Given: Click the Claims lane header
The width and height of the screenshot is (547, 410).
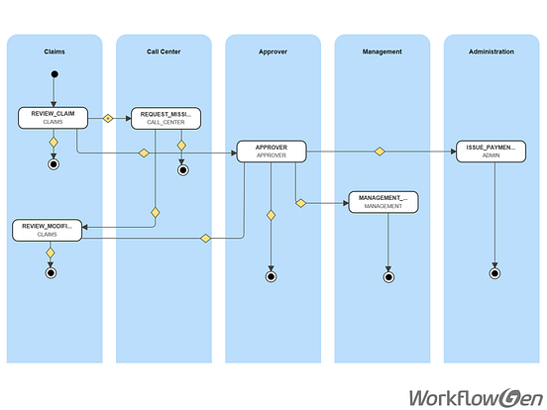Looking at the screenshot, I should pyautogui.click(x=55, y=51).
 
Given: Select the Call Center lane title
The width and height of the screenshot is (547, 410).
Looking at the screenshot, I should pyautogui.click(x=164, y=51).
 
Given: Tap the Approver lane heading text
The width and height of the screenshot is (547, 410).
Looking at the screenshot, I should pyautogui.click(x=273, y=51).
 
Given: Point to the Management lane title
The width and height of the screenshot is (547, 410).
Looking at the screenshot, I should pyautogui.click(x=382, y=51).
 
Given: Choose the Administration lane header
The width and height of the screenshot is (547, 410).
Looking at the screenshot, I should pyautogui.click(x=492, y=51).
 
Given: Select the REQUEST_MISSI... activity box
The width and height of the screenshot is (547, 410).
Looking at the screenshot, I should pyautogui.click(x=164, y=119).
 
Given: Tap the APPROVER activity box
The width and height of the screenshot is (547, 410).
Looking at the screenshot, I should pyautogui.click(x=272, y=152).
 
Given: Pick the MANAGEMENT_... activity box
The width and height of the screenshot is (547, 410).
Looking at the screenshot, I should pyautogui.click(x=383, y=201).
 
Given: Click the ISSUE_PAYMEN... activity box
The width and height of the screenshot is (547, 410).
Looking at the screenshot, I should pyautogui.click(x=492, y=152).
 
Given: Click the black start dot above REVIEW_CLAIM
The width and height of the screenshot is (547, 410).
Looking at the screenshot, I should pyautogui.click(x=55, y=74).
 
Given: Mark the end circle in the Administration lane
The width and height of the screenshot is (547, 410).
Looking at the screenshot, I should pyautogui.click(x=494, y=273).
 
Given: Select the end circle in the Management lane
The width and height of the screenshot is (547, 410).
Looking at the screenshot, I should pyautogui.click(x=387, y=277).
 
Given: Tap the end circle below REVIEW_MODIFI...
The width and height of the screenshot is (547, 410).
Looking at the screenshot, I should pyautogui.click(x=51, y=272).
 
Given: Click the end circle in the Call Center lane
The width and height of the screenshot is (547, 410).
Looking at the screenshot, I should pyautogui.click(x=182, y=169).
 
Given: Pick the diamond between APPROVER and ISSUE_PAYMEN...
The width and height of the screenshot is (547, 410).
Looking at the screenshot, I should pyautogui.click(x=380, y=152).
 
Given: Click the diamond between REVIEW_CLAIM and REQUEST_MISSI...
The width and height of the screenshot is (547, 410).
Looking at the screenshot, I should pyautogui.click(x=109, y=118).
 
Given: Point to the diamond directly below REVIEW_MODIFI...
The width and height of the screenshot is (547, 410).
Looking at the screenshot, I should pyautogui.click(x=51, y=253).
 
